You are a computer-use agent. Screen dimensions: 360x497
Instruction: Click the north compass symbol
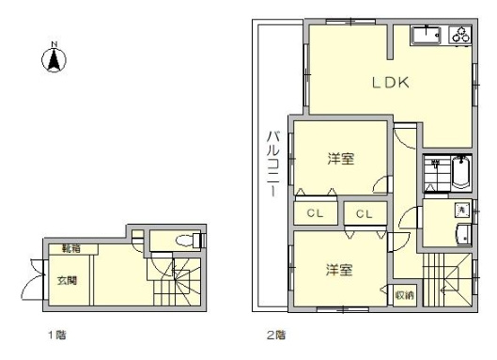click(x=55, y=59)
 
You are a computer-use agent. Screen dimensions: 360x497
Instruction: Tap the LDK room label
click(x=388, y=83)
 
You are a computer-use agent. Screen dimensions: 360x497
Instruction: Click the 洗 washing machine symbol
click(x=461, y=210)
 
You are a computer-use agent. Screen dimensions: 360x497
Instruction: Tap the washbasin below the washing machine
click(x=461, y=235)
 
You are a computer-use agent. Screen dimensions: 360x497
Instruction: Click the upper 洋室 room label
click(x=340, y=159)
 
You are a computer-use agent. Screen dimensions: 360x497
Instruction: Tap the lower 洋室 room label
click(x=339, y=271)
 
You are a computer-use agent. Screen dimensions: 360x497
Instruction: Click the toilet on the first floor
click(x=190, y=239)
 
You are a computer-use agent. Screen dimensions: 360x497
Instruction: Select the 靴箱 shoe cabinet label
click(x=70, y=248)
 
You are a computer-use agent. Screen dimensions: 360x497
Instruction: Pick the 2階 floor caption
click(x=276, y=334)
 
